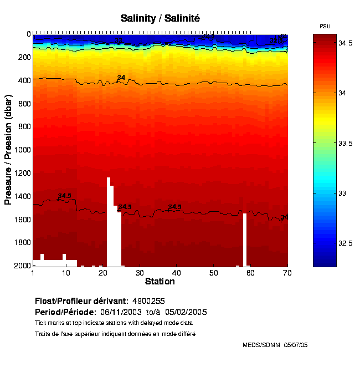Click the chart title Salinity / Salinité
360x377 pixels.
pyautogui.click(x=160, y=18)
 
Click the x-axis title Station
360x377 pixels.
pyautogui.click(x=160, y=282)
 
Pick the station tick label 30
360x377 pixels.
pyautogui.click(x=140, y=273)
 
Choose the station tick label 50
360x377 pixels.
pyautogui.click(x=213, y=273)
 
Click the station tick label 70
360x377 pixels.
pyautogui.click(x=287, y=273)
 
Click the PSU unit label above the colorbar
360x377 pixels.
pyautogui.click(x=326, y=26)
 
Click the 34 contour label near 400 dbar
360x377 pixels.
pyautogui.click(x=121, y=78)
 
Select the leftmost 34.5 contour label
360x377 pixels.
pyautogui.click(x=64, y=196)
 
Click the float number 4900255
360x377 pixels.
pyautogui.click(x=148, y=301)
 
